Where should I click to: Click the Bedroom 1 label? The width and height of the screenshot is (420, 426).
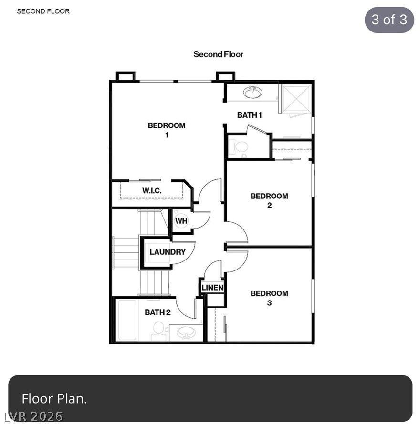167,130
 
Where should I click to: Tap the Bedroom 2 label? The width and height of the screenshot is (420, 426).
269,200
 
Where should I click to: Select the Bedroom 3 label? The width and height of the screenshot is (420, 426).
269,298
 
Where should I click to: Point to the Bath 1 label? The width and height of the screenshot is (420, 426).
250,115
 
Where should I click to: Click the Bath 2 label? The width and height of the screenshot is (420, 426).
157,312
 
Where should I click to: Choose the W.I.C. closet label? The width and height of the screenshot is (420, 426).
152,190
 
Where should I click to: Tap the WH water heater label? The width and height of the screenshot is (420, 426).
181,221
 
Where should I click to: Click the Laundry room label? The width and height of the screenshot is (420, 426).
168,252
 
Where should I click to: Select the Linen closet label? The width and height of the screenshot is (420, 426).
212,288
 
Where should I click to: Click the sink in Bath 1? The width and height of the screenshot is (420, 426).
253,93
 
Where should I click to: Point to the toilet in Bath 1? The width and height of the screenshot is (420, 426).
239,147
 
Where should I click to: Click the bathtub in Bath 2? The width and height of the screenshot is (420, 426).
127,320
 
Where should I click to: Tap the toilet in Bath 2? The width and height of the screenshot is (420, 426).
158,331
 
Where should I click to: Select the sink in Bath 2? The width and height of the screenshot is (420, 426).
186,332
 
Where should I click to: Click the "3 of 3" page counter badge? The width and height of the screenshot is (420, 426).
389,20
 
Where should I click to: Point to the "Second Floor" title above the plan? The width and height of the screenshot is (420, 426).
218,54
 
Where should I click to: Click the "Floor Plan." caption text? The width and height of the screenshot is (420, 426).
54,398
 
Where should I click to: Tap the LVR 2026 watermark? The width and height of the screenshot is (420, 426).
34,416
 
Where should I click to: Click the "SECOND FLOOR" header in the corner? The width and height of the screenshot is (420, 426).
43,11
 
